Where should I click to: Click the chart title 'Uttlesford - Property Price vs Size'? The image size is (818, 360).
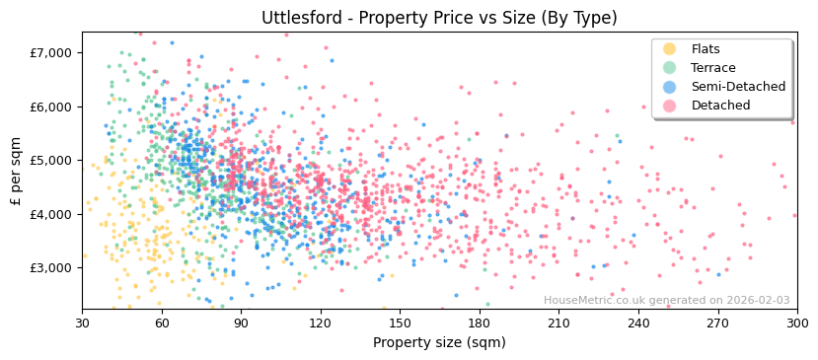click(439, 18)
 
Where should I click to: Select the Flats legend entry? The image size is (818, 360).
click(705, 49)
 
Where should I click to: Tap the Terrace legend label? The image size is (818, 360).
click(712, 68)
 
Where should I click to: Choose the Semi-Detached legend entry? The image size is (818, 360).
click(737, 87)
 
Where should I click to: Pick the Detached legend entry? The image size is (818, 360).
click(720, 106)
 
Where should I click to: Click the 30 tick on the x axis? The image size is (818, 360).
click(82, 323)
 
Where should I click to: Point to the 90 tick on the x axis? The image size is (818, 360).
click(241, 323)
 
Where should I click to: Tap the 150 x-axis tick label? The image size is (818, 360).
click(400, 323)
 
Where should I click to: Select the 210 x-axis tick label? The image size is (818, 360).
click(558, 323)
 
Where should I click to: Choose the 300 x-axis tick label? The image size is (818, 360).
click(796, 323)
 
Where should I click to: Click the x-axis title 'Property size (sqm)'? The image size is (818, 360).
click(439, 342)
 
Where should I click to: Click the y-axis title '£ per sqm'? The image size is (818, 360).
click(17, 170)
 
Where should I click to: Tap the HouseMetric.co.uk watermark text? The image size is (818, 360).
click(666, 301)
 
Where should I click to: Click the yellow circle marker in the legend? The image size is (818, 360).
click(670, 49)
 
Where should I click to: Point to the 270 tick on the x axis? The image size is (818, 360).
click(717, 323)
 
